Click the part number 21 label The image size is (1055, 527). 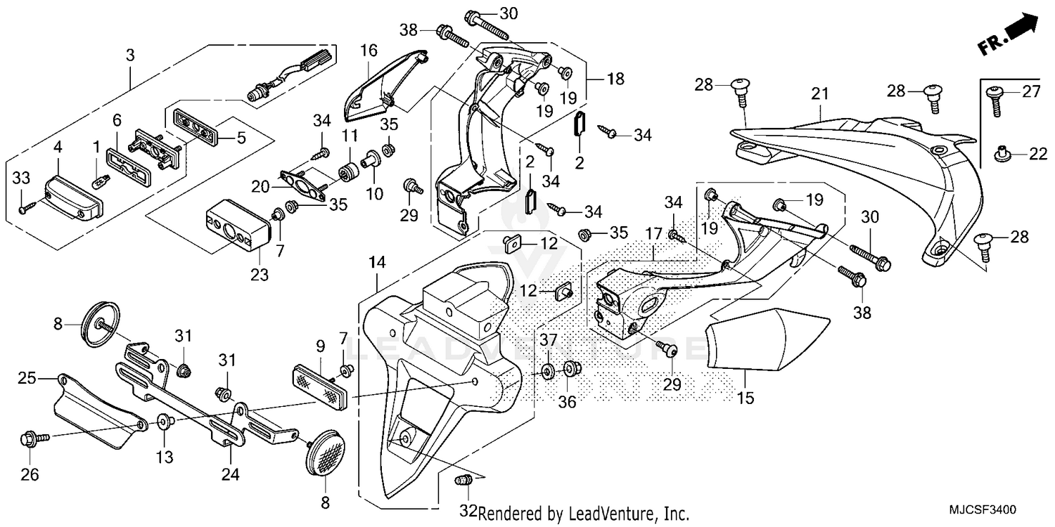coord(820,94)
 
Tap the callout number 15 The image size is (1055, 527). coord(746,398)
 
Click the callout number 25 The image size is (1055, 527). coord(27,379)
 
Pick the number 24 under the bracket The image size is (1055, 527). coord(231,475)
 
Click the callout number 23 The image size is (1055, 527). coord(260,275)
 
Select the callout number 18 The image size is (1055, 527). coord(615,79)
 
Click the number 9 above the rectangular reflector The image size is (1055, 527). coord(320,346)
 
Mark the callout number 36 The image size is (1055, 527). coord(567,402)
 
